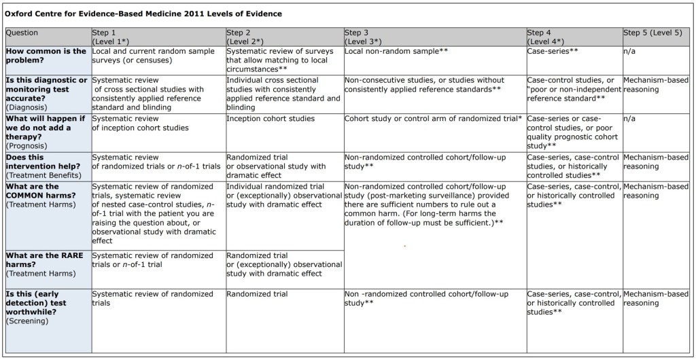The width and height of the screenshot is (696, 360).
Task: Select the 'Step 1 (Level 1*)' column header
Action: (x=116, y=37)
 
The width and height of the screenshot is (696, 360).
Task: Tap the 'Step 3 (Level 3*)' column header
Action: (x=367, y=37)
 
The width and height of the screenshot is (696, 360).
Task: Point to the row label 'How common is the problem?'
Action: (x=46, y=56)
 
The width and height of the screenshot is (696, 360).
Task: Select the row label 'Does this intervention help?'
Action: (x=46, y=162)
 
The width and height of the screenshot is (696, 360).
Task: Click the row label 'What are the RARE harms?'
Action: (x=46, y=260)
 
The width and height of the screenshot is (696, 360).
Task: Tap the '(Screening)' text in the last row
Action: (x=27, y=321)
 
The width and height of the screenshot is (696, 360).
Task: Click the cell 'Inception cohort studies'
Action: (x=271, y=118)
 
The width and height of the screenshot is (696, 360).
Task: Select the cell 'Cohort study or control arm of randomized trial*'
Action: (x=434, y=118)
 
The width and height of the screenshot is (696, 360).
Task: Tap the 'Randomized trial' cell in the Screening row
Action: (x=257, y=294)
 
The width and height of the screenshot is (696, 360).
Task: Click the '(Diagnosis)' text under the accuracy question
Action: (x=27, y=107)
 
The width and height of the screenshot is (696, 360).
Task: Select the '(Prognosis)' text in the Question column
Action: (x=27, y=145)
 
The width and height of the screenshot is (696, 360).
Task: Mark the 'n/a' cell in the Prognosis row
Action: (x=629, y=118)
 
